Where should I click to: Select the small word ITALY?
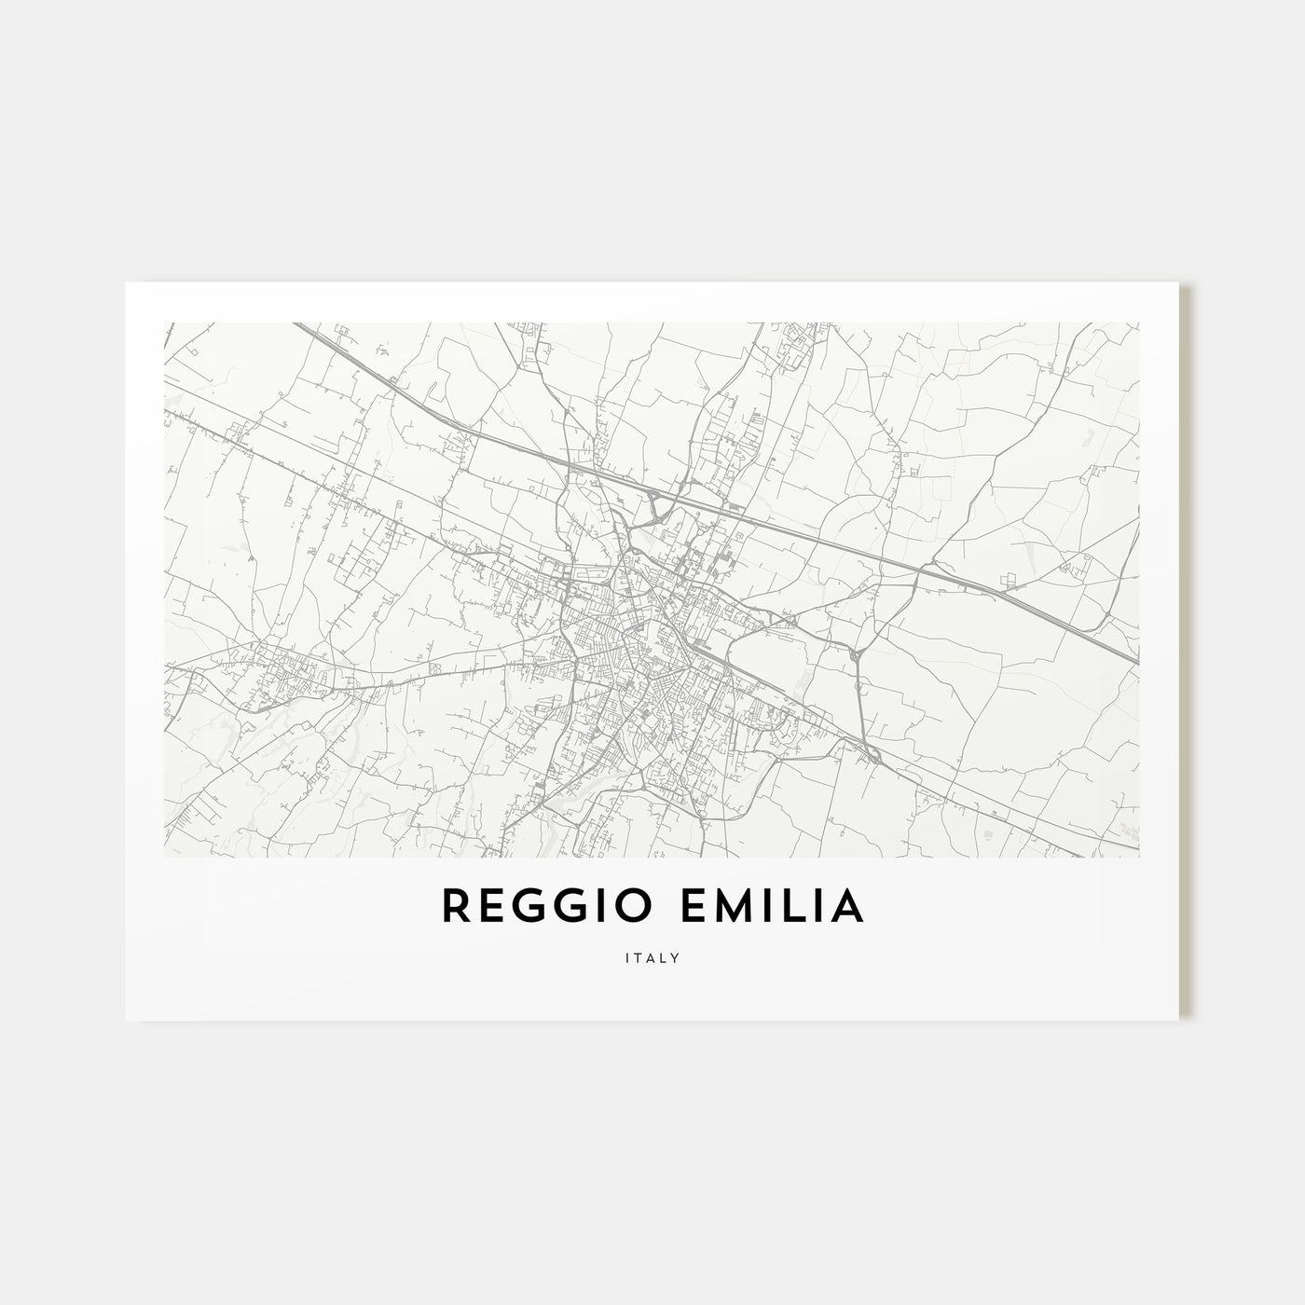tap(652, 957)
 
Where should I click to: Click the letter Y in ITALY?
tap(676, 957)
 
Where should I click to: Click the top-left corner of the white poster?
tap(126, 282)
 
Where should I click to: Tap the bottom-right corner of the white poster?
tap(1180, 1020)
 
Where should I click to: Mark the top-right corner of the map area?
tap(1139, 323)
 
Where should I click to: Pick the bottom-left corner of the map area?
tap(164, 857)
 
